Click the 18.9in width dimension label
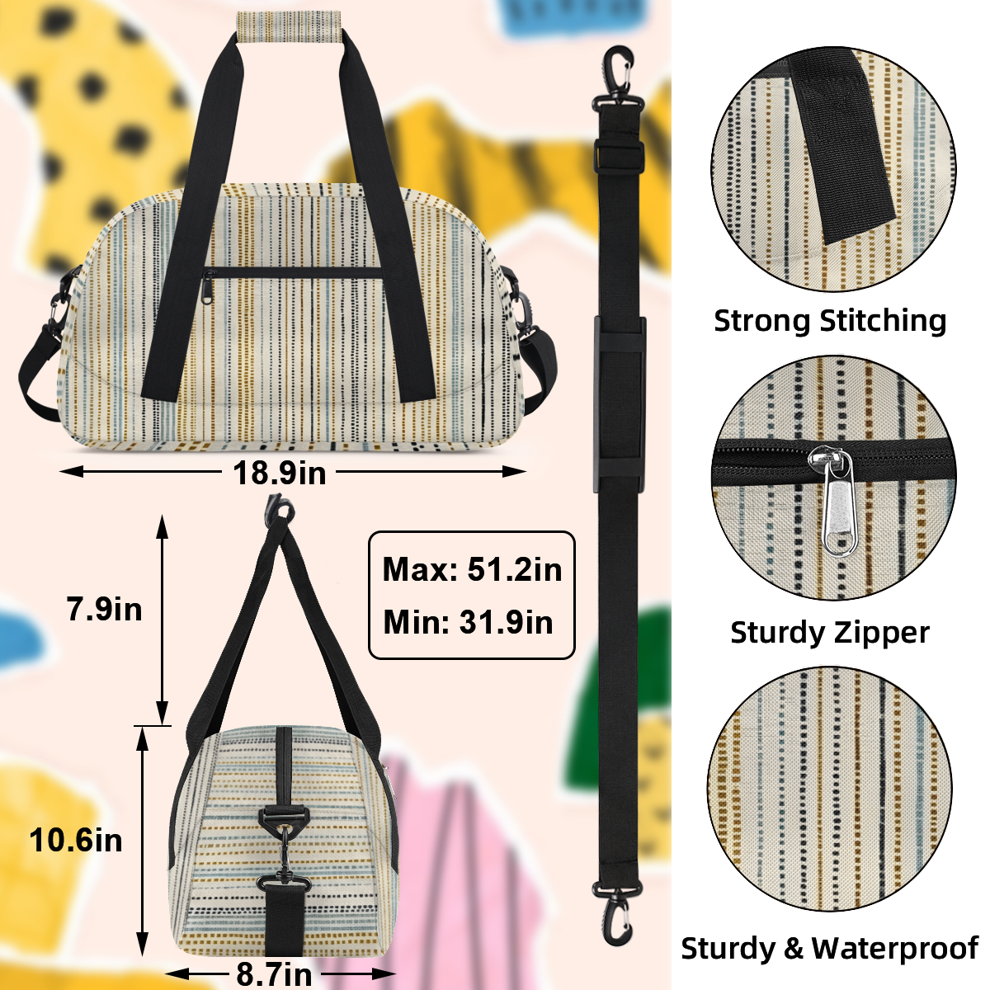coord(280,473)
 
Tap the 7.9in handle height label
coord(104,609)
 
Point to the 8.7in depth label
coord(274,973)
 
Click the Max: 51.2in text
coord(472,569)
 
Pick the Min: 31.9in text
coord(468,622)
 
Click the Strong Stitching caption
coord(830,321)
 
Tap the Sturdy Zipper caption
coord(830,632)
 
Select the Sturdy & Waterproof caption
coord(830,948)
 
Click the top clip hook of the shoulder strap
coord(618,77)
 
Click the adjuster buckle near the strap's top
coord(619,157)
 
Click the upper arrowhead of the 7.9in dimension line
coord(162,526)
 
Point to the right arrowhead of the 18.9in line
coord(514,471)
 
